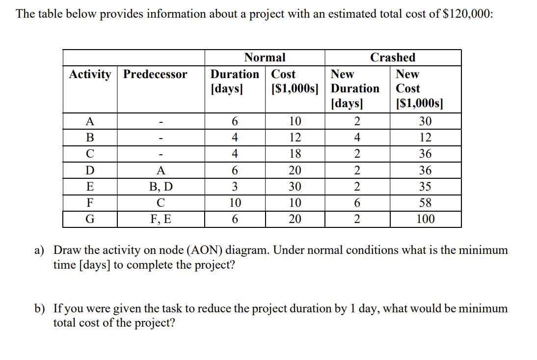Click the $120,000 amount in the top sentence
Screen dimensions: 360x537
coord(467,14)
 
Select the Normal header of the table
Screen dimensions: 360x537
coord(265,57)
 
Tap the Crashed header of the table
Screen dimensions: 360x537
coord(392,57)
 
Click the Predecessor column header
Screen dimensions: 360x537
coord(155,75)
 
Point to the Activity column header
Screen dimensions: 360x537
coord(90,75)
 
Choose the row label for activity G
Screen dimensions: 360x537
coord(90,219)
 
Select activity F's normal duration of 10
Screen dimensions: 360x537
coord(235,203)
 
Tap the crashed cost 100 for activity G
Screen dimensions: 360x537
coord(425,219)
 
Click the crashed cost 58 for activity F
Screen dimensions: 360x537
coord(425,203)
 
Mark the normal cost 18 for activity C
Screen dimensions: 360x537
coord(295,154)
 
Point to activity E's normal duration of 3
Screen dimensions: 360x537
coord(235,187)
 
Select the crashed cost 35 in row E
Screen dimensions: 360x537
coord(425,187)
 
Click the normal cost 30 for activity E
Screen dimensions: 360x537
coord(295,187)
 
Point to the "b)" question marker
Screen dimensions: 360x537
coord(40,309)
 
